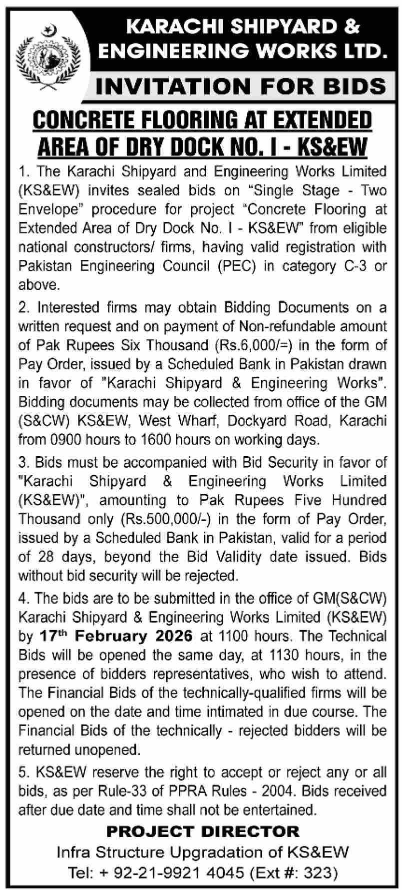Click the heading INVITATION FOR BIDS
pyautogui.click(x=240, y=86)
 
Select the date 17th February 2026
pyautogui.click(x=115, y=636)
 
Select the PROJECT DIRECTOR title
pyautogui.click(x=202, y=831)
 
